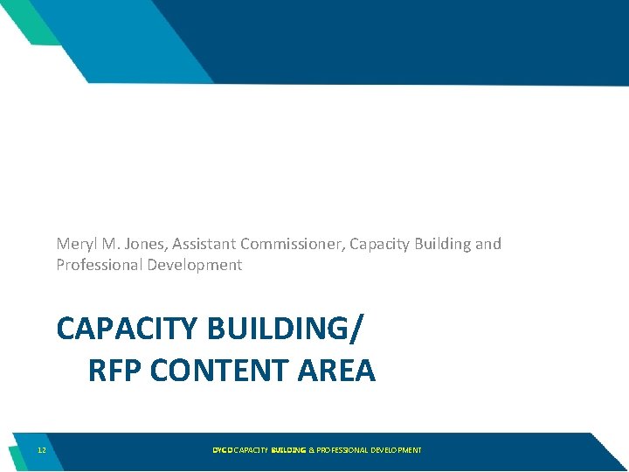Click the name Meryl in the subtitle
coord(74,244)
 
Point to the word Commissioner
coord(293,244)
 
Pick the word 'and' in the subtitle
coord(488,244)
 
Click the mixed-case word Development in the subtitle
coord(193,265)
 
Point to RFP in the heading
coord(115,371)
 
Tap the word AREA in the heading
coord(337,371)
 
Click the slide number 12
coord(42,450)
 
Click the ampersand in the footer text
coord(311,450)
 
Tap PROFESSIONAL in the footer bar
coord(342,450)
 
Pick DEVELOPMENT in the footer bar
coord(396,450)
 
